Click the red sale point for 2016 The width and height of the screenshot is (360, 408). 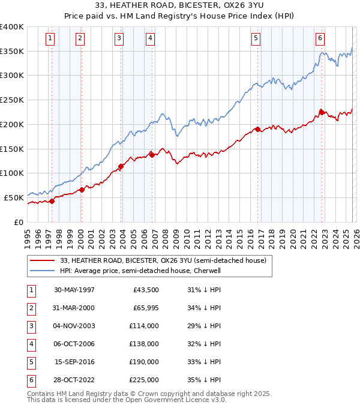click(257, 129)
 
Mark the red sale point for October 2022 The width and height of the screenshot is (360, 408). click(322, 112)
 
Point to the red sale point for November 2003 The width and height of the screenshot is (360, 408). click(121, 166)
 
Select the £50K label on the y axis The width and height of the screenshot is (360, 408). click(14, 197)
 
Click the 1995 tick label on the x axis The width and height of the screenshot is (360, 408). click(28, 234)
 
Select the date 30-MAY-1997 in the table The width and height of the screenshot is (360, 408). click(74, 290)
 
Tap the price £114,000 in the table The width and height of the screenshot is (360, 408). click(144, 326)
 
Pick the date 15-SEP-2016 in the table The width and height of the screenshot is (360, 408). click(74, 362)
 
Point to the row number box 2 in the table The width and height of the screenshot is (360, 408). click(29, 308)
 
